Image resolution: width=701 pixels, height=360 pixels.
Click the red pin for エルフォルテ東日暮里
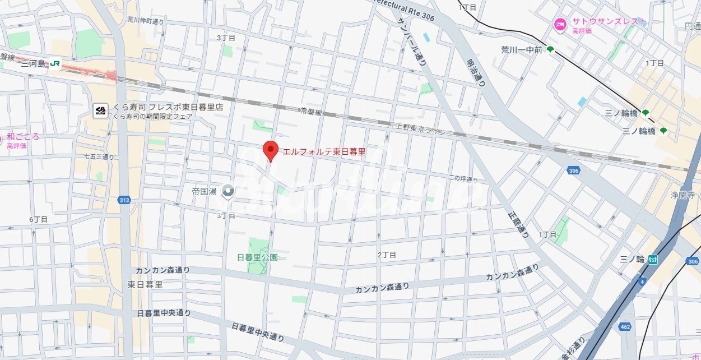pos(271,150)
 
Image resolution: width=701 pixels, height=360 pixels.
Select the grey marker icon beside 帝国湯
pos(228,191)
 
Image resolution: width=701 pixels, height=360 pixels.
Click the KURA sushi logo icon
pos(100,111)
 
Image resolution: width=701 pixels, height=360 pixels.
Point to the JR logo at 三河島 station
pos(55,64)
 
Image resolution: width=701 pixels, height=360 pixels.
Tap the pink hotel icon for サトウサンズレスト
pos(559,24)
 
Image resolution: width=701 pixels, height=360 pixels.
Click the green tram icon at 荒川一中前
pos(550,50)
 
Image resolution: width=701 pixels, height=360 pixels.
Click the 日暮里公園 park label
pos(257,257)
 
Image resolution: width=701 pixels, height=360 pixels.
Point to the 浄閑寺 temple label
pos(682,195)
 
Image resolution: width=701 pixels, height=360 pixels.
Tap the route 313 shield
pos(124,200)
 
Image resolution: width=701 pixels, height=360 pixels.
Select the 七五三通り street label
pos(99,157)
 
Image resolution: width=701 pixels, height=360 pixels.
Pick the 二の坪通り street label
pos(462,179)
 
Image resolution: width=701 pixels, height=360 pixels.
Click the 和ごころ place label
pos(24,137)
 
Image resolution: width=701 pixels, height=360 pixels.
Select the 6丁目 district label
pos(39,219)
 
